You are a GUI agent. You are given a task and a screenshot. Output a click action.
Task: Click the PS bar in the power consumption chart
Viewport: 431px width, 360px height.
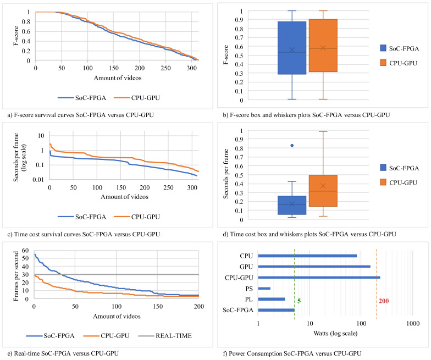click(264, 288)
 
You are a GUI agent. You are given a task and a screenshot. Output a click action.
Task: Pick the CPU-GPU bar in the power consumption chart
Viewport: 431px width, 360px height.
click(319, 278)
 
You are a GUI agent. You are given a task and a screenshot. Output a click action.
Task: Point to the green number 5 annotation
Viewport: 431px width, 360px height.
click(299, 301)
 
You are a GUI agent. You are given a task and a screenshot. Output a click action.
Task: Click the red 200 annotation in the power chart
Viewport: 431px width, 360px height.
click(384, 301)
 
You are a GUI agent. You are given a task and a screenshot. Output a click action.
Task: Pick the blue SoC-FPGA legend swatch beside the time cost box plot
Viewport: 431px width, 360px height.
click(370, 167)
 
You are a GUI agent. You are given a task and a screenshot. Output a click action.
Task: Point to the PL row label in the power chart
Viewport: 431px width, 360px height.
click(248, 299)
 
